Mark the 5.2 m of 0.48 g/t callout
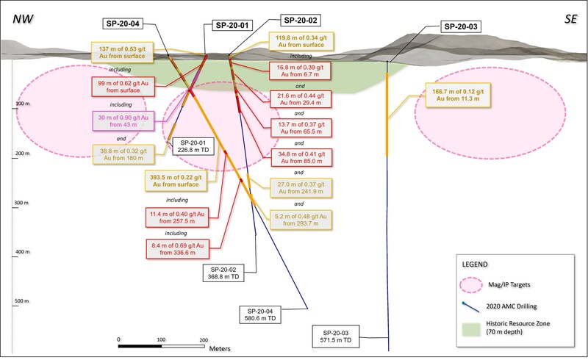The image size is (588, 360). coord(299,219)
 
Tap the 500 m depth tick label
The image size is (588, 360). coord(21,300)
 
